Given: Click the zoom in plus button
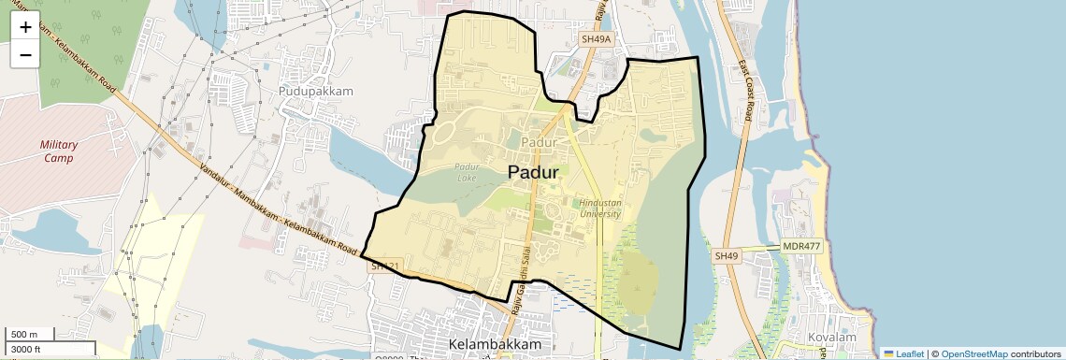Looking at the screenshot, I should click(25, 27).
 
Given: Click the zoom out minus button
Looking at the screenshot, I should click(25, 55).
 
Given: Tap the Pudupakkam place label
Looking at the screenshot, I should click(316, 92).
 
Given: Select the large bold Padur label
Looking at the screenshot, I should click(533, 172).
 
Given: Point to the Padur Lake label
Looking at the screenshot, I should click(467, 172).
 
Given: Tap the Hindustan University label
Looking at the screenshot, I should click(600, 208).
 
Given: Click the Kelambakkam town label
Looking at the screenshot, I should click(495, 345).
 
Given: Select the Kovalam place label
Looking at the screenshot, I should click(833, 337).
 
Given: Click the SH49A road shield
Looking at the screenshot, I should click(596, 39).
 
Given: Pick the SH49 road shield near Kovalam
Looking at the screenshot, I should click(727, 255).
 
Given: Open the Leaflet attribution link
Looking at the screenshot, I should click(904, 353).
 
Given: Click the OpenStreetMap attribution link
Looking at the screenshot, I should click(973, 353).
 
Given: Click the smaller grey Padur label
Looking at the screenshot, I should click(540, 142).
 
